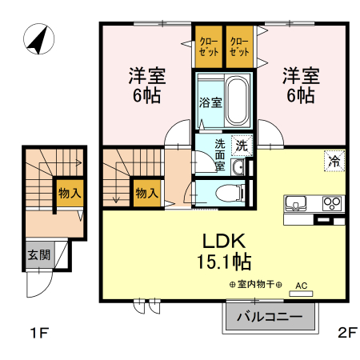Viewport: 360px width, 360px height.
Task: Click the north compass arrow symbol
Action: pyautogui.click(x=38, y=39)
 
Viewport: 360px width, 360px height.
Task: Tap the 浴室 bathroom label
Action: pyautogui.click(x=210, y=102)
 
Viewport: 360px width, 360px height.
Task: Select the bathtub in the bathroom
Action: pyautogui.click(x=237, y=101)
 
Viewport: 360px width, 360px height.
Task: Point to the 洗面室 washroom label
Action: pyautogui.click(x=220, y=154)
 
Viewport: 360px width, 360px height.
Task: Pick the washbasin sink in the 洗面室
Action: pyautogui.click(x=238, y=167)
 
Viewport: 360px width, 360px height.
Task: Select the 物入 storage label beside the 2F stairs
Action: pyautogui.click(x=146, y=193)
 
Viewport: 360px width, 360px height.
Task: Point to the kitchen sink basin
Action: pyautogui.click(x=296, y=203)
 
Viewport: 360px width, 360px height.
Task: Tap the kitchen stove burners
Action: pyautogui.click(x=331, y=203)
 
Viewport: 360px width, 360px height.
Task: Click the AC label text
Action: pyautogui.click(x=301, y=285)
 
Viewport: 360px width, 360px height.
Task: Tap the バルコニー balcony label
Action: pyautogui.click(x=269, y=317)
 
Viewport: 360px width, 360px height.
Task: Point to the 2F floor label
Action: pyautogui.click(x=346, y=332)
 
